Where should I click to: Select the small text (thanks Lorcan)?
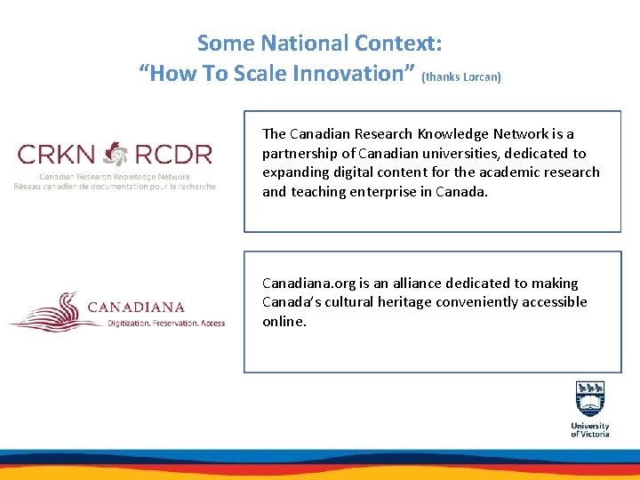click(x=461, y=77)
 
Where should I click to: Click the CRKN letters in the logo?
click(x=57, y=155)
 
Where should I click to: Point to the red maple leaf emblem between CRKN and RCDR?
click(x=116, y=155)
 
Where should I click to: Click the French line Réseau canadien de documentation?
click(x=115, y=186)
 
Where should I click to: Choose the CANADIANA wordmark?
click(x=136, y=308)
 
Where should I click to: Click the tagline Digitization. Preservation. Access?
click(x=165, y=324)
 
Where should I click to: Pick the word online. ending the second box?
click(x=284, y=321)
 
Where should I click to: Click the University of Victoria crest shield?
click(x=590, y=399)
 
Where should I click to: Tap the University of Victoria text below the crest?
click(x=590, y=429)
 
